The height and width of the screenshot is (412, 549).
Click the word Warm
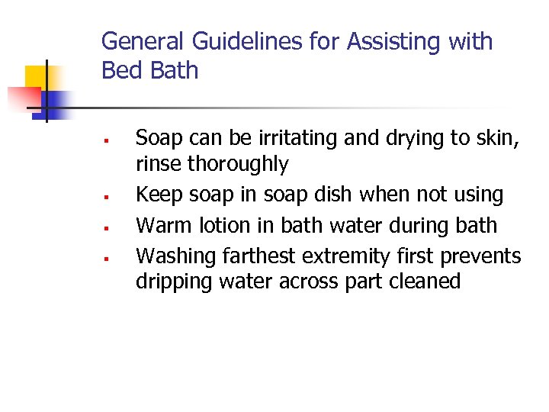pyautogui.click(x=162, y=226)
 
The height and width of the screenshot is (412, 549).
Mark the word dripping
pyautogui.click(x=174, y=282)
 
